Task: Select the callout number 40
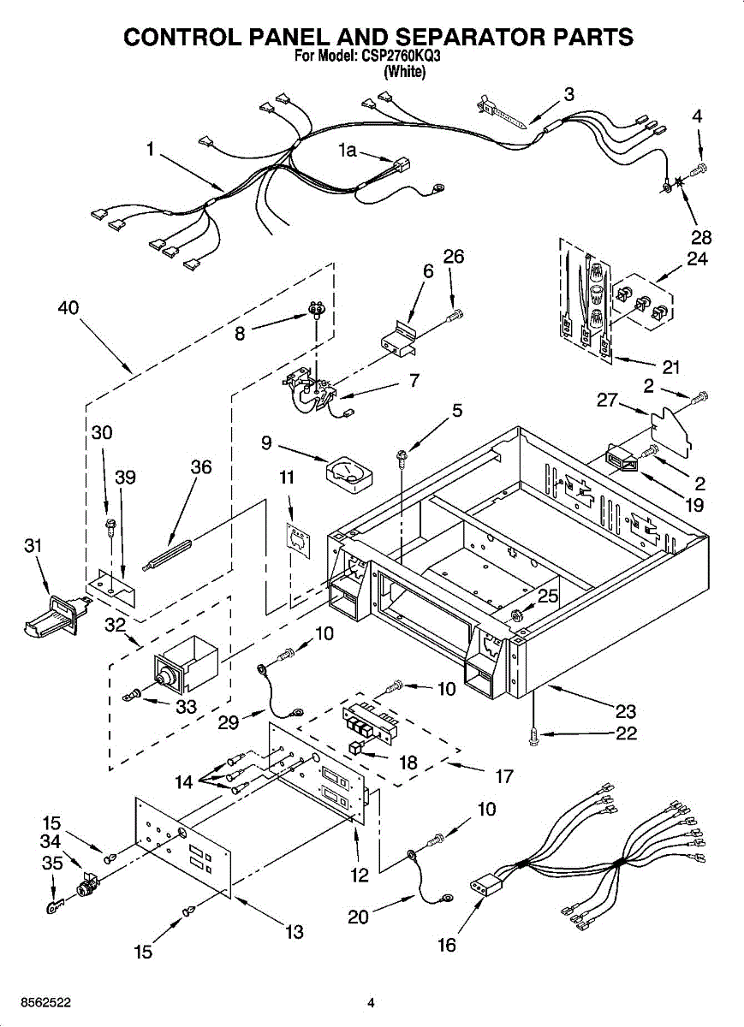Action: pyautogui.click(x=68, y=307)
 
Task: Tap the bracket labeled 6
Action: pyautogui.click(x=398, y=340)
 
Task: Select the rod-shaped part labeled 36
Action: pyautogui.click(x=167, y=555)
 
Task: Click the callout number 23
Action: pyautogui.click(x=626, y=711)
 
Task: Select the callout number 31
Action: pyautogui.click(x=33, y=546)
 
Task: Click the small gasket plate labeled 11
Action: pyautogui.click(x=299, y=541)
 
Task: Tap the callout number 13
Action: pyautogui.click(x=294, y=932)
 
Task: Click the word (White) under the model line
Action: pyautogui.click(x=405, y=72)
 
